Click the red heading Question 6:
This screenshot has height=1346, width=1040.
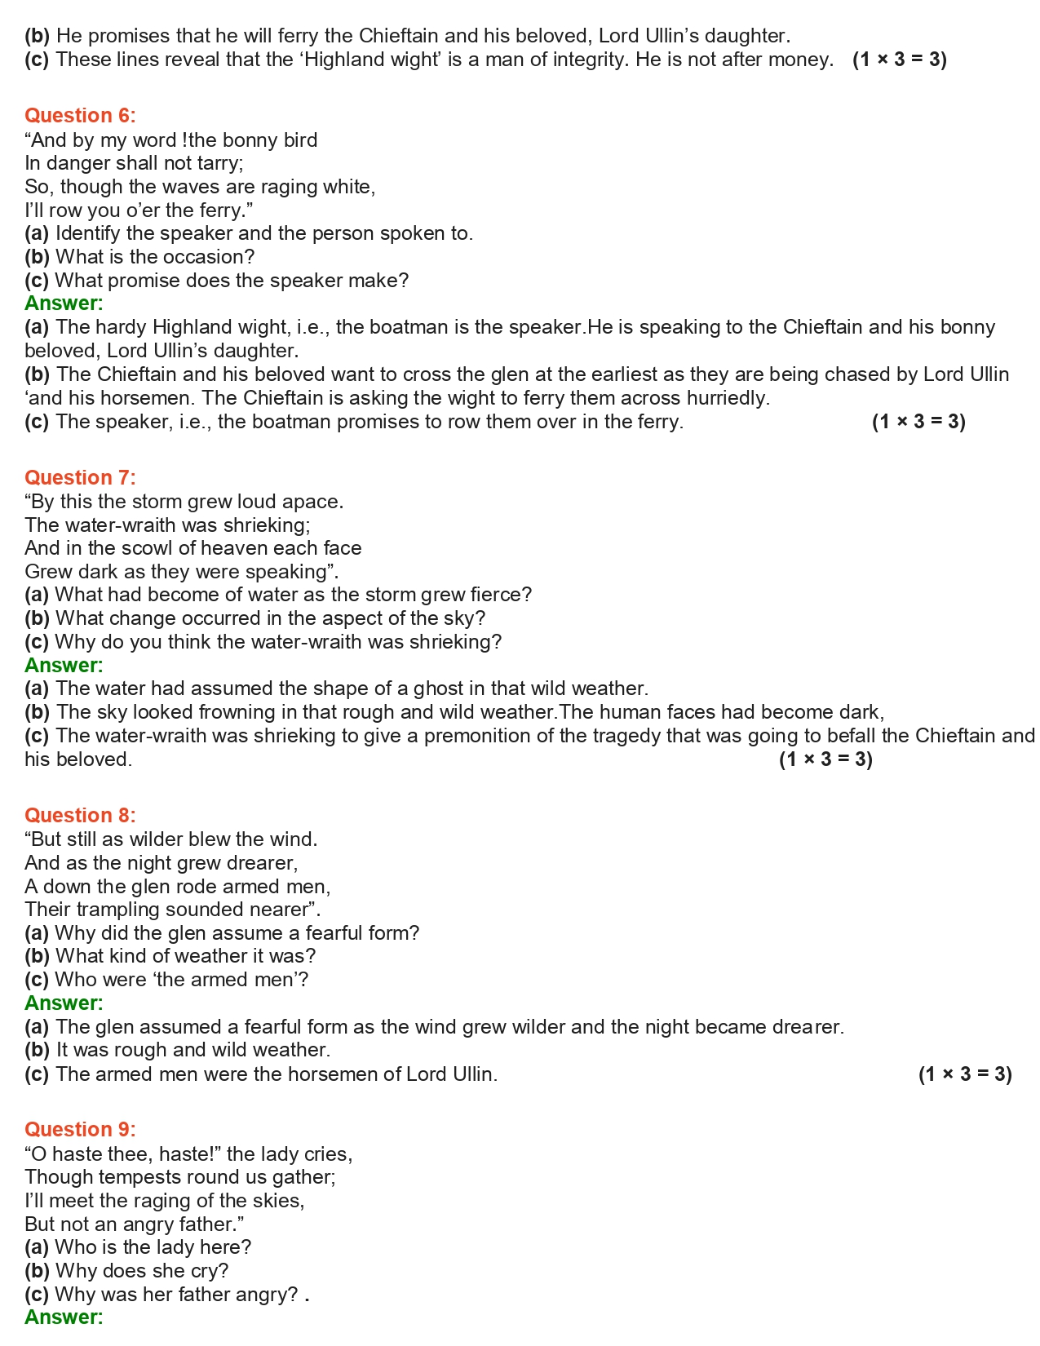coord(80,116)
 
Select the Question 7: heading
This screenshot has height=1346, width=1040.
coord(80,478)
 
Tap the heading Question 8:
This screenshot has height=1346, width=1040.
coord(80,816)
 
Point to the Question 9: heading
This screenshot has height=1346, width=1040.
coord(80,1130)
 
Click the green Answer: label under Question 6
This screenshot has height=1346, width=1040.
coord(64,303)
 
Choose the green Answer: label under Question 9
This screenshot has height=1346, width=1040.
coord(64,1317)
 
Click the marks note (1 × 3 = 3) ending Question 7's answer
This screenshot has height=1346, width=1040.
coord(825,759)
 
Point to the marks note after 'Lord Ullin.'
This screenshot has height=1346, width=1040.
coord(965,1074)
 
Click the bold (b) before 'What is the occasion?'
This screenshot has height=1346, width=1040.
coord(37,257)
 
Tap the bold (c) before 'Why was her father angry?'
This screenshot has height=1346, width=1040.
coord(37,1295)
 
